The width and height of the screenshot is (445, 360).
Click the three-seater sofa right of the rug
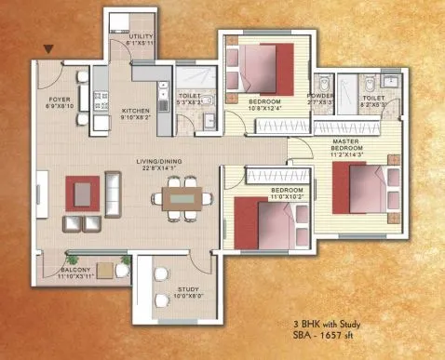tap(113, 193)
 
